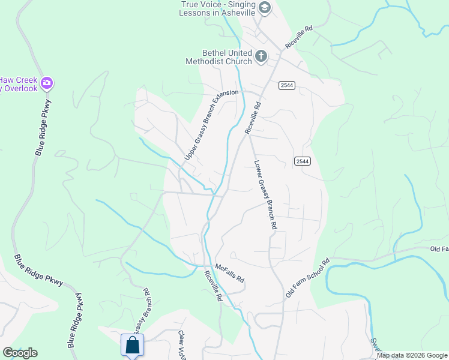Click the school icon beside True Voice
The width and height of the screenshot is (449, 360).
[x=265, y=8]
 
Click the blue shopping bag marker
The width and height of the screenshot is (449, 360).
[x=132, y=345]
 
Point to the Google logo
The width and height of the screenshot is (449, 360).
[x=20, y=353]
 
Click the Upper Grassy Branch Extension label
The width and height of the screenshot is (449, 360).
[x=211, y=125]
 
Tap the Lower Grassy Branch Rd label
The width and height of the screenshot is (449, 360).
[x=265, y=194]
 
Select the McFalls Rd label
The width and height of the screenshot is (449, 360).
[x=230, y=273]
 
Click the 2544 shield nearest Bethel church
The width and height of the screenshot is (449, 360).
[x=286, y=86]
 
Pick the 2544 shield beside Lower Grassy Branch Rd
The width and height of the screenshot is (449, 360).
[x=302, y=161]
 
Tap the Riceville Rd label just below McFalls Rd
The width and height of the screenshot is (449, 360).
[x=213, y=286]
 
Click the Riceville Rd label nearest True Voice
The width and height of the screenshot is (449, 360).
[x=300, y=37]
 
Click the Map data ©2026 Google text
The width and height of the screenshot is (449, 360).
[x=412, y=355]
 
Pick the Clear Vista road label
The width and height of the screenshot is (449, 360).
[x=182, y=345]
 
